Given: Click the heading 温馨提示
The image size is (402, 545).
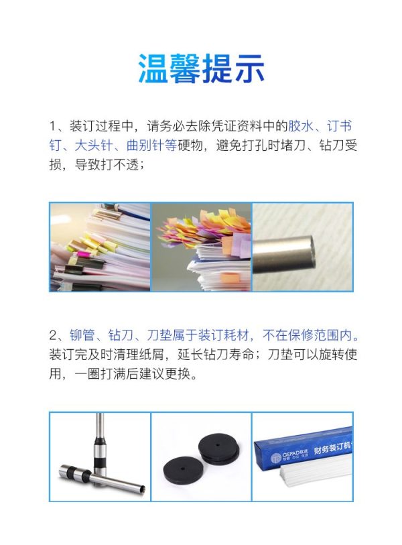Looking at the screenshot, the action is coord(201,68).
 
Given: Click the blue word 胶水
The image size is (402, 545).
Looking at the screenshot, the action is coord(300,126).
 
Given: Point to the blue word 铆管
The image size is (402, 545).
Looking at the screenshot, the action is coord(82,335).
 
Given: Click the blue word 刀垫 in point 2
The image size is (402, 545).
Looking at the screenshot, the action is coord(159,335).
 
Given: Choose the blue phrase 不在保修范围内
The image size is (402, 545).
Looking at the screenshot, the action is coord(307,335).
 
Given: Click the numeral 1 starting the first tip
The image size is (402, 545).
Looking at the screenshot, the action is coord(52,126).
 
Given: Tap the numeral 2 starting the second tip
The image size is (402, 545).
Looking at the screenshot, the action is coord(53,335).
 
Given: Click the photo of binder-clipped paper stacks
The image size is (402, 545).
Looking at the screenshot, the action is coord(100,247).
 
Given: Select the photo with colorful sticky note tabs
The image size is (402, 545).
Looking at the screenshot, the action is coord(201,247).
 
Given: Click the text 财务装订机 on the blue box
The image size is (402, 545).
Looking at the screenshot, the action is coord(332,447).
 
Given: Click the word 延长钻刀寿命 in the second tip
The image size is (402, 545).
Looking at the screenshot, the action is coord(216,355).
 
